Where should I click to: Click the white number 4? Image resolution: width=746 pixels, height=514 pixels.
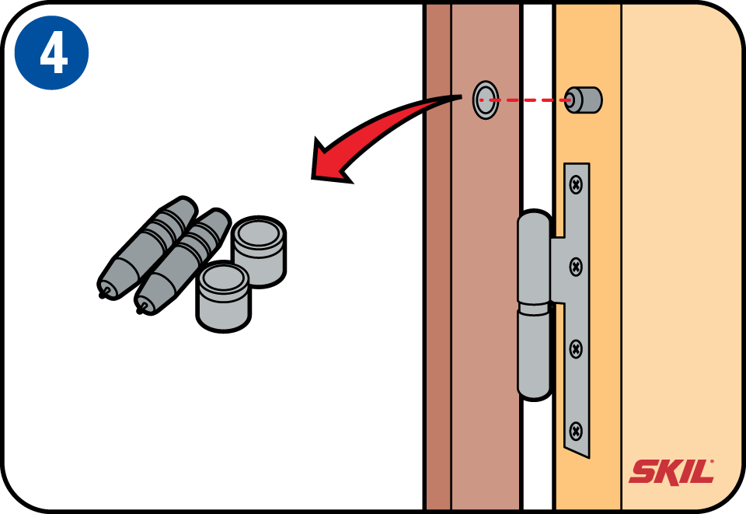coord(54,54)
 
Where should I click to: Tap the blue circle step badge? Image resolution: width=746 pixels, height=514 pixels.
coord(52,52)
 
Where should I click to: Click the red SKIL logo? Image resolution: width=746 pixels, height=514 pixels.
coord(671,472)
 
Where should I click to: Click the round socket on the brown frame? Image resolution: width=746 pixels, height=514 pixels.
coord(486,100)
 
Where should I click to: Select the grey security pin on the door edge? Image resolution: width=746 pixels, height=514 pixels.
coord(584,100)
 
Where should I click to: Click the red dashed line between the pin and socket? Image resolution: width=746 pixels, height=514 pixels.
coord(527,100)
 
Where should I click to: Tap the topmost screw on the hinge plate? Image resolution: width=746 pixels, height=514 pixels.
coord(576,184)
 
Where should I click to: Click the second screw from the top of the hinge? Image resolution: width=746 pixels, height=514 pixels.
coord(576,267)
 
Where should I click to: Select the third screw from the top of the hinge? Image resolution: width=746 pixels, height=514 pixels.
coord(576,349)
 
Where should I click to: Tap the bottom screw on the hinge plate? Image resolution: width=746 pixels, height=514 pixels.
coord(576,432)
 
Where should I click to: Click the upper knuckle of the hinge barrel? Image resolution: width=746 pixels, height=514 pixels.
coord(535,257)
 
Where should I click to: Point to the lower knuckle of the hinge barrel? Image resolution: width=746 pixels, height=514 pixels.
coord(535,353)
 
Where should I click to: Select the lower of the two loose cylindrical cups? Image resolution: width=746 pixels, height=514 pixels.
coord(223,296)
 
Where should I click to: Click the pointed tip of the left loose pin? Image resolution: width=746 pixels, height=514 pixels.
coord(102,295)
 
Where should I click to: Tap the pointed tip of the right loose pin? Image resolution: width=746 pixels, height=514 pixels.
coord(139,311)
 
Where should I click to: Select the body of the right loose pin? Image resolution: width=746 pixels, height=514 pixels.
coord(183,261)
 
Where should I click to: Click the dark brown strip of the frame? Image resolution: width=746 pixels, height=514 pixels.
coord(437,257)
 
